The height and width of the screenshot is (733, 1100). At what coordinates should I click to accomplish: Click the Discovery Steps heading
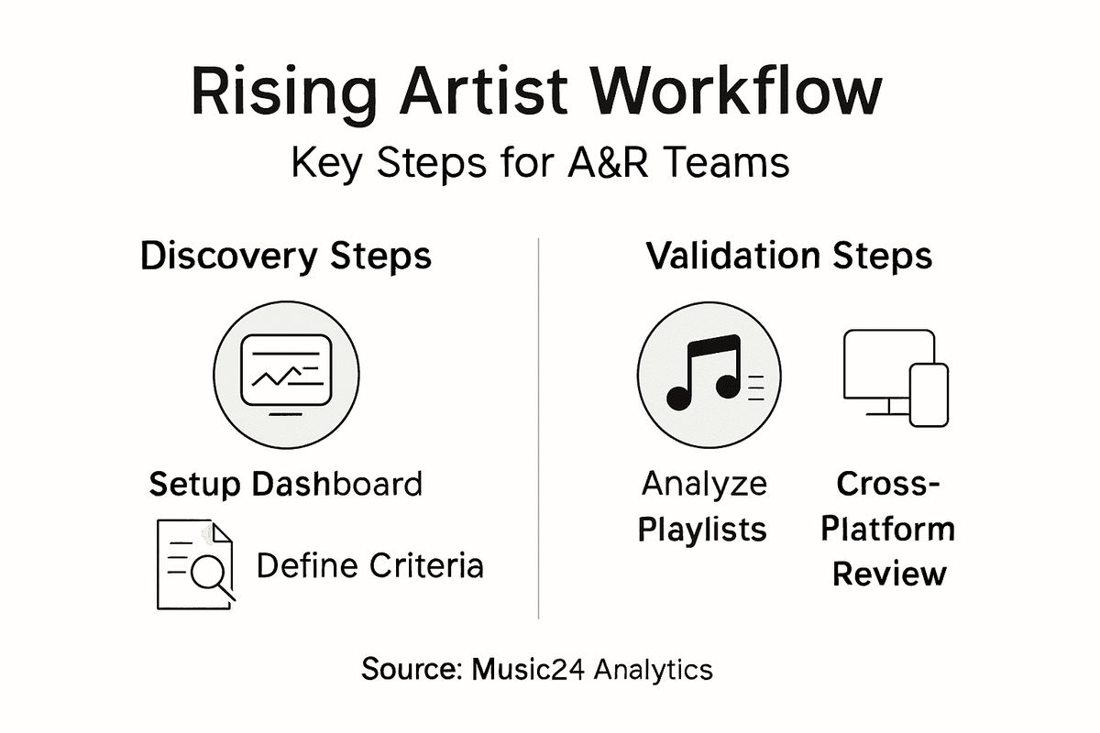pyautogui.click(x=285, y=257)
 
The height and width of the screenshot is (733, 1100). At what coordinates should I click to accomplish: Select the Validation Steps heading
pyautogui.click(x=788, y=257)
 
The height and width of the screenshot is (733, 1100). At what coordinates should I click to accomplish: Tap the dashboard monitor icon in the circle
pyautogui.click(x=284, y=375)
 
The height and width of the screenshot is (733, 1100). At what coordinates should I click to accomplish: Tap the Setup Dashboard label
pyautogui.click(x=285, y=484)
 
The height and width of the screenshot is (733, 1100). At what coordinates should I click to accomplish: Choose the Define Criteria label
pyautogui.click(x=369, y=566)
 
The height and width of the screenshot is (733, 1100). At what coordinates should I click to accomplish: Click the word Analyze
pyautogui.click(x=704, y=484)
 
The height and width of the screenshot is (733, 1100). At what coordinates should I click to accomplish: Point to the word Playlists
pyautogui.click(x=704, y=530)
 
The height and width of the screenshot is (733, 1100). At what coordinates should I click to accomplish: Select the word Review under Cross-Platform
pyautogui.click(x=888, y=574)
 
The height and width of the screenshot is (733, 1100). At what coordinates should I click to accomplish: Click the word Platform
pyautogui.click(x=888, y=530)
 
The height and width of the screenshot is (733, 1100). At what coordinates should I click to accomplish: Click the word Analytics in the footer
pyautogui.click(x=653, y=669)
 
